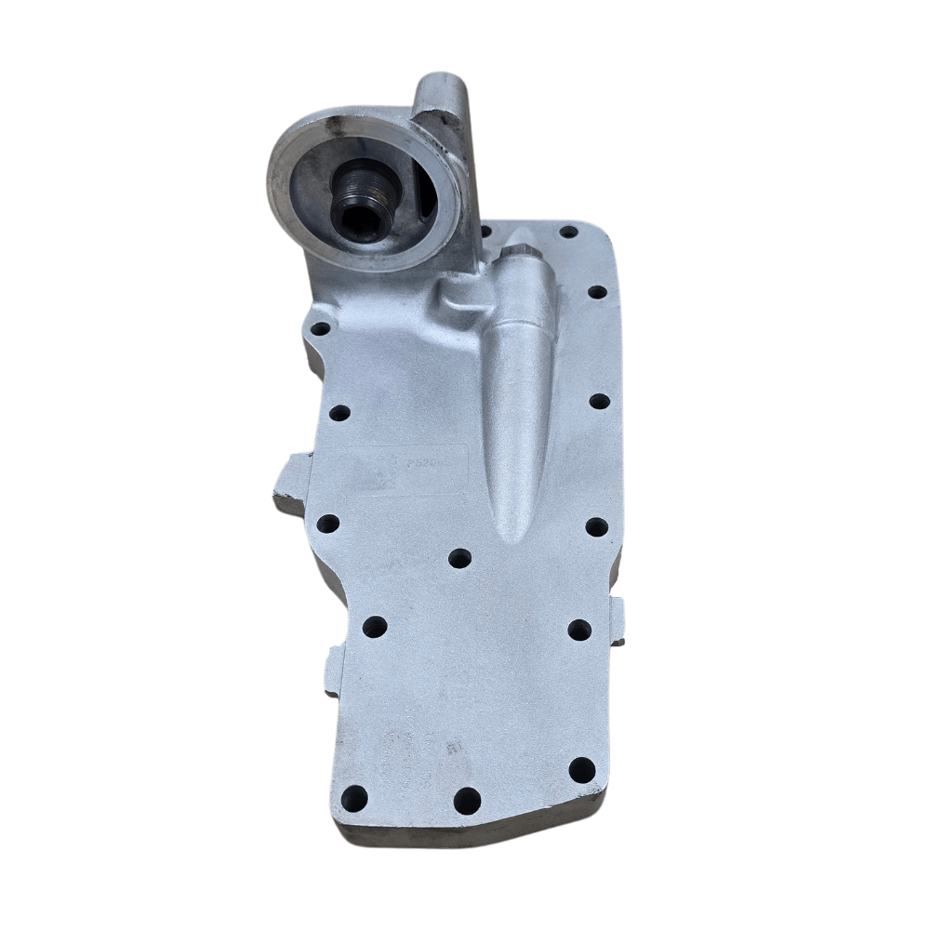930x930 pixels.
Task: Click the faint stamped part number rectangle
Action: tap(409, 470)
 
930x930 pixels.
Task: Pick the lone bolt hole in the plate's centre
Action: tap(459, 558)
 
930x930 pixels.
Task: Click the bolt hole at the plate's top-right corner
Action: tap(568, 231)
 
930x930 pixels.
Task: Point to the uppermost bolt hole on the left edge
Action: tap(319, 328)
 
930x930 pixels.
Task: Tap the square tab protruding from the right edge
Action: tap(617, 621)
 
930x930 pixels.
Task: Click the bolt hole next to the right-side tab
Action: tap(579, 629)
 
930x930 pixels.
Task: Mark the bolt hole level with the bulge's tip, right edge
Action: tap(596, 527)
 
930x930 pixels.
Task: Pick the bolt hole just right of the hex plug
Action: tap(597, 292)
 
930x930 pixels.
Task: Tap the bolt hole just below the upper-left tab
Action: tap(327, 524)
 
